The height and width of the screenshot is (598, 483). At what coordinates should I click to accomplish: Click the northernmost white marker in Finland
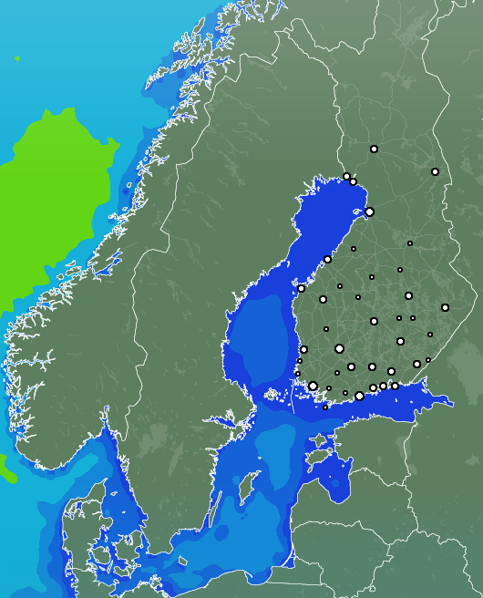tap(374, 149)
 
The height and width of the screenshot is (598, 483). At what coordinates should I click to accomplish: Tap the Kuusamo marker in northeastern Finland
tap(435, 171)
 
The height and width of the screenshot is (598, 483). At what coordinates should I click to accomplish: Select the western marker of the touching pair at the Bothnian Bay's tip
tap(346, 176)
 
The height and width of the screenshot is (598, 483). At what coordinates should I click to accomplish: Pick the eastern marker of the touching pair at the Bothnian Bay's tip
tap(354, 181)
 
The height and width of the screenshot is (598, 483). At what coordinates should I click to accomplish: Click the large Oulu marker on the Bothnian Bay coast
tap(369, 211)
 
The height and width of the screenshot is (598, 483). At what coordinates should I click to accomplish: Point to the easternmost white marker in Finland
tap(445, 307)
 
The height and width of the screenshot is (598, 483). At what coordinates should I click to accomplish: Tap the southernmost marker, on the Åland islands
tap(325, 407)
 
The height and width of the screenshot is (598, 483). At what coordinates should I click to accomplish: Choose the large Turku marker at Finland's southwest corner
tap(313, 386)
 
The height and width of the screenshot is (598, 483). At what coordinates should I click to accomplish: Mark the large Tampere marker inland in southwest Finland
tap(339, 348)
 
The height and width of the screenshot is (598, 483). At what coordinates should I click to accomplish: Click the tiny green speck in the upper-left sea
tap(16, 58)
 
